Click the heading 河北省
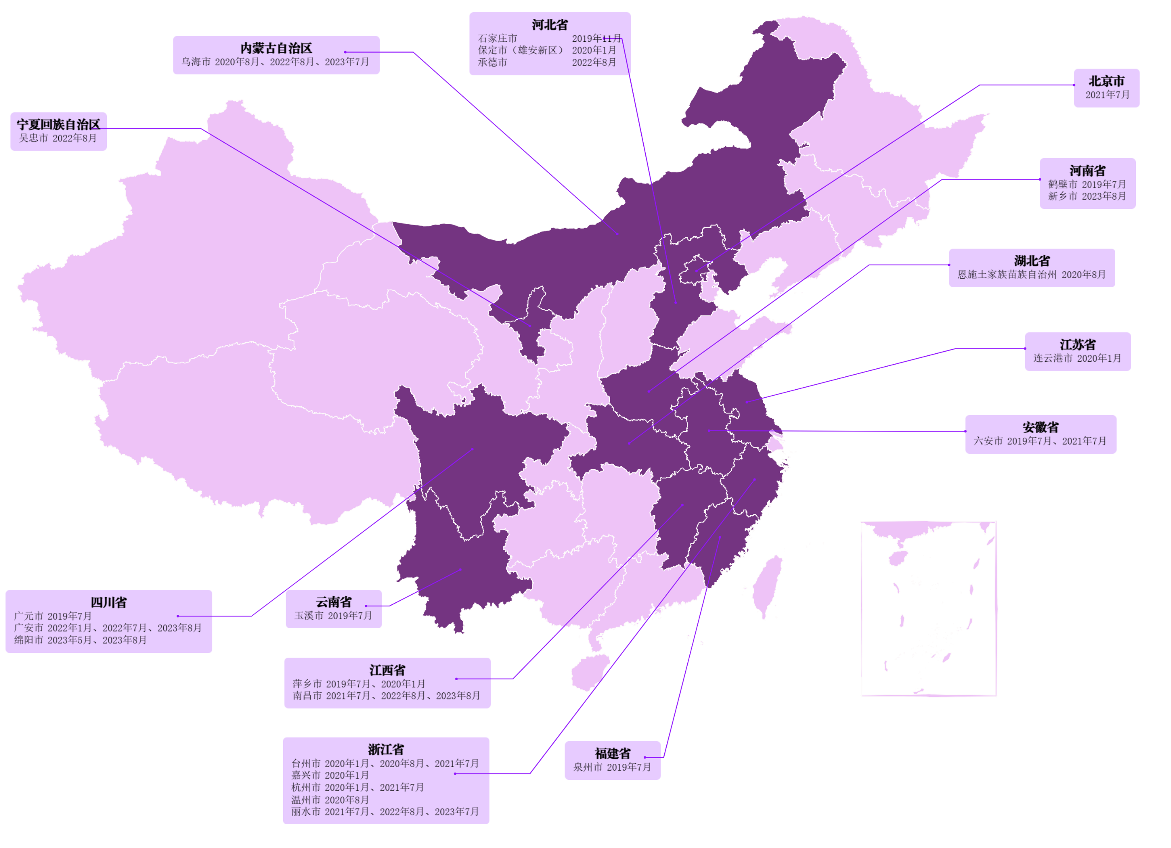tap(549, 25)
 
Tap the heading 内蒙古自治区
tap(276, 49)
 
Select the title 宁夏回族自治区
tap(58, 124)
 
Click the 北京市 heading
tap(1106, 81)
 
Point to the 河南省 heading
tap(1087, 171)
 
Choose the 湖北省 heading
tap(1031, 261)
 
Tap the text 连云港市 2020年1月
tap(1077, 358)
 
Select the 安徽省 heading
tap(1040, 427)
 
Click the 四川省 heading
tap(108, 602)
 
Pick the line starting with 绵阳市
tap(80, 640)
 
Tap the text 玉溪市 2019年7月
tap(333, 616)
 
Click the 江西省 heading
tap(387, 671)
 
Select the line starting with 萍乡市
tap(359, 684)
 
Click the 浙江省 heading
tap(386, 749)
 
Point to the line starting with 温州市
tap(330, 800)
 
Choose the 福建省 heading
tap(612, 753)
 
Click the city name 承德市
tap(492, 62)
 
